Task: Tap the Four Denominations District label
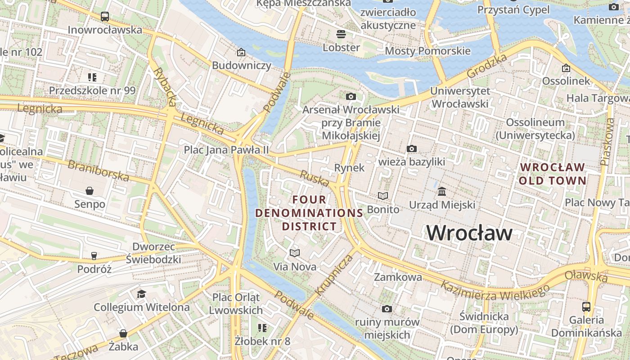point(309,212)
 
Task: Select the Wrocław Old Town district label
point(553,174)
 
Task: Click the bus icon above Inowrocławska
point(105,17)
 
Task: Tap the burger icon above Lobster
point(341,34)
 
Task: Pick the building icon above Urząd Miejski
point(442,191)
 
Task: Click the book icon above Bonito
point(383,196)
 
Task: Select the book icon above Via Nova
point(295,253)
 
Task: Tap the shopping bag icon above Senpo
point(90,191)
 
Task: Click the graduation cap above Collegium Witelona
point(142,294)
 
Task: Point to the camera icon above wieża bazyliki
point(411,148)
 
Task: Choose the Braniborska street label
point(98,170)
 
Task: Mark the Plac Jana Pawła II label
point(226,150)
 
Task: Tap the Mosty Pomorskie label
point(427,51)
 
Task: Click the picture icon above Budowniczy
point(241,52)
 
